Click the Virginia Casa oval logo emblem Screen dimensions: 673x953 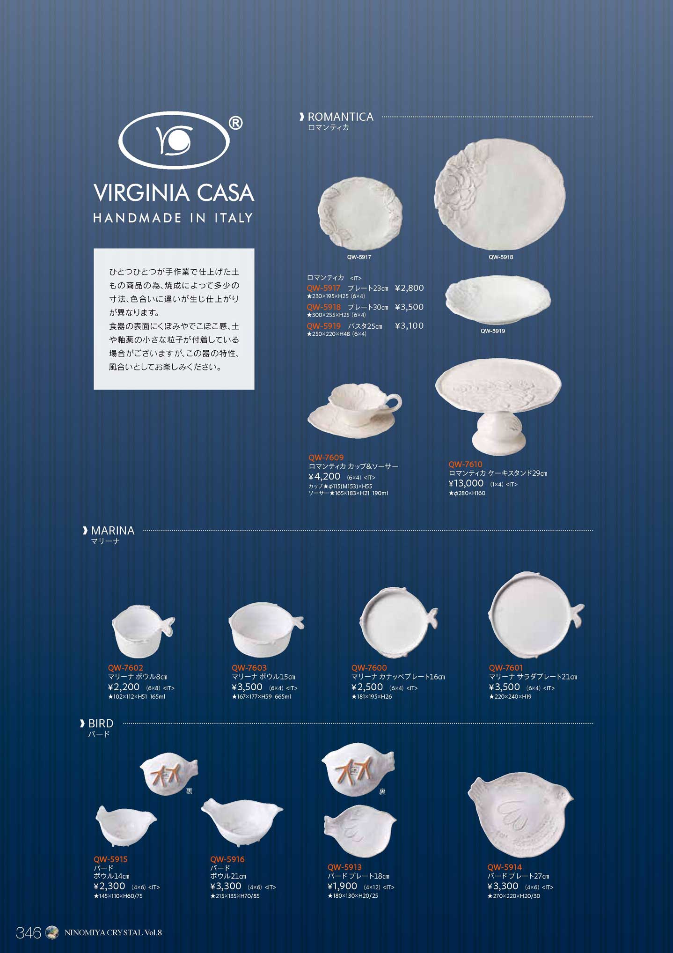click(x=174, y=140)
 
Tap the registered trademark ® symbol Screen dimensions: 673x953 click(x=235, y=123)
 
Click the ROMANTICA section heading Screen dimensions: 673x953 click(x=340, y=117)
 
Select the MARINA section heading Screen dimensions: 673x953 click(x=112, y=531)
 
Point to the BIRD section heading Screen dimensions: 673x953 click(x=101, y=723)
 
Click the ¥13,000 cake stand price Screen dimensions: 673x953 click(x=466, y=483)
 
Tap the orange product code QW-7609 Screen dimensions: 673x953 click(x=326, y=458)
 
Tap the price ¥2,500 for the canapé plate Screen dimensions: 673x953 click(x=367, y=687)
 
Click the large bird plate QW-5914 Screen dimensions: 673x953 click(x=520, y=816)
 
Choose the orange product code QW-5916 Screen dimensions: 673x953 click(x=227, y=859)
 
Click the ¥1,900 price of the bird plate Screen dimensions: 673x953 click(x=342, y=886)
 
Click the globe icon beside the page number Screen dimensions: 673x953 click(x=51, y=932)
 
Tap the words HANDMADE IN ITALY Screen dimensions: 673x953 click(x=173, y=218)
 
